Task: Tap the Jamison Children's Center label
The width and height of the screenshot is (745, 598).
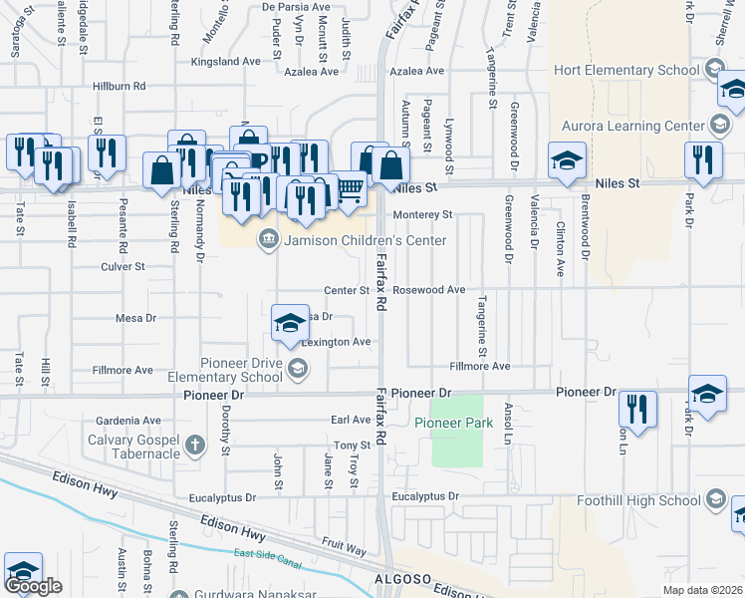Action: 366,240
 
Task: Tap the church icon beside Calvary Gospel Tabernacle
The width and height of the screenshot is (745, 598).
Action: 197,445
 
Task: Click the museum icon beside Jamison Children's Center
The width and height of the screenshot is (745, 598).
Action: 268,239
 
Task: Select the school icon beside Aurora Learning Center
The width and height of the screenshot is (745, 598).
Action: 719,125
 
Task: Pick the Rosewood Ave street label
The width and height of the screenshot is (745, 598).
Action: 429,290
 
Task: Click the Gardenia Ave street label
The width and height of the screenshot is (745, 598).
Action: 129,421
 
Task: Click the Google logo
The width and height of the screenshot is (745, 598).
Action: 33,587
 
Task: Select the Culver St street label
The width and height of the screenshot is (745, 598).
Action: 124,267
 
